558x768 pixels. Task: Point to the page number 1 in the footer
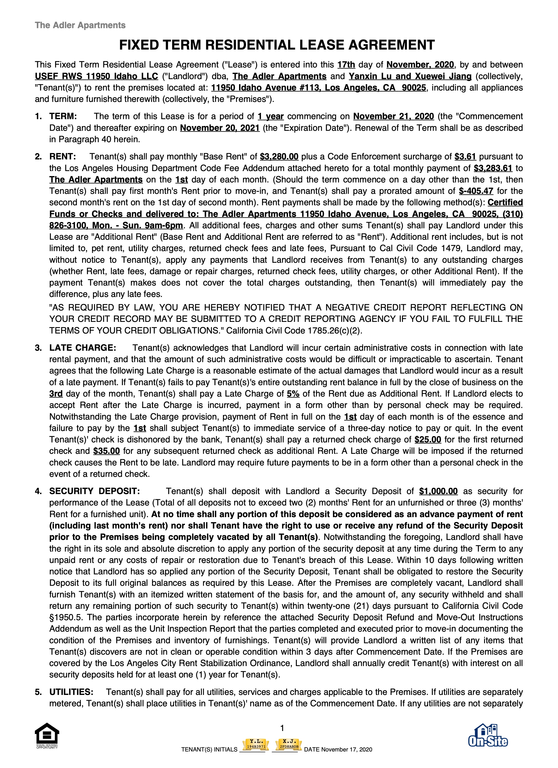[x=282, y=728]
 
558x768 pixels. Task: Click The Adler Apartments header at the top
[x=80, y=25]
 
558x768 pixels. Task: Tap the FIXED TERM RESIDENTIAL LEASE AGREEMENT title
[x=277, y=45]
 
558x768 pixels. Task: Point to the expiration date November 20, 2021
[x=220, y=128]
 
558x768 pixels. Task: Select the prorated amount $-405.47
[x=476, y=191]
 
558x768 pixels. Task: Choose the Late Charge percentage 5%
[x=293, y=394]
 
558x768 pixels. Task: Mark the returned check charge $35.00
[x=106, y=451]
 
